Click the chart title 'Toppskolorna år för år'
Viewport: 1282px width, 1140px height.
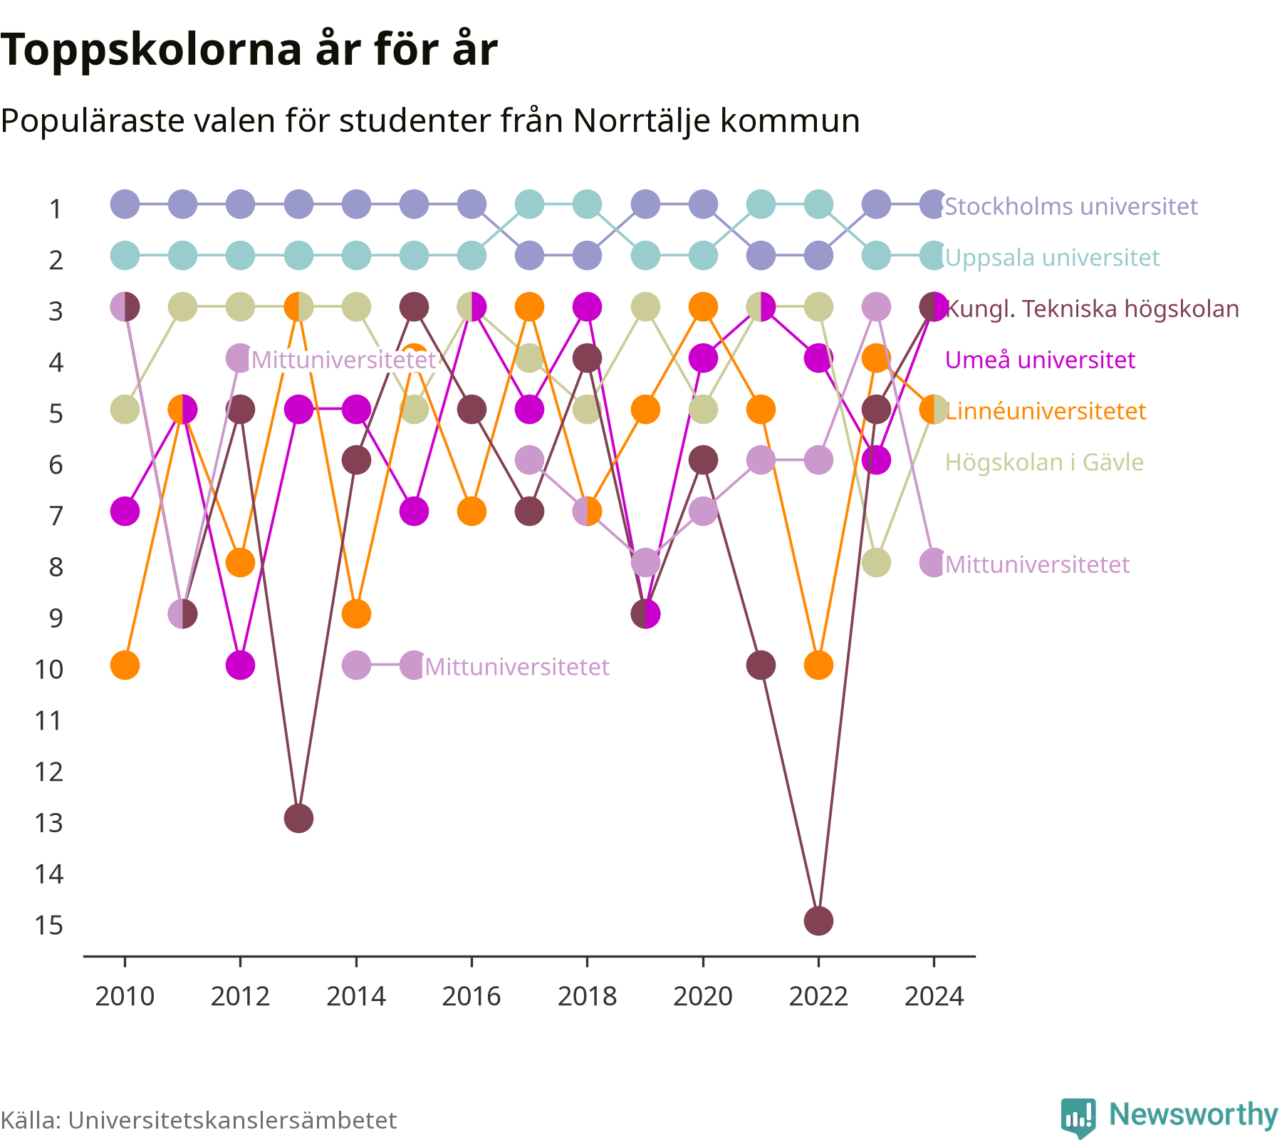coord(249,50)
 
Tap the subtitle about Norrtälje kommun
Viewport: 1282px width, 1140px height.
coord(430,120)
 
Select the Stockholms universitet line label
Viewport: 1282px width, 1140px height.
coord(1071,207)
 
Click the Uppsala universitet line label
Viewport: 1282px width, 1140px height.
coord(1052,258)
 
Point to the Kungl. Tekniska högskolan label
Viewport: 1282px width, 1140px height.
coord(1092,309)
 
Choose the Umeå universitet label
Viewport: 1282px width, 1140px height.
coord(1040,360)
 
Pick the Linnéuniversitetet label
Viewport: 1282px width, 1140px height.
coord(1046,411)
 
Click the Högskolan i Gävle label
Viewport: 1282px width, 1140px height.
coord(1044,462)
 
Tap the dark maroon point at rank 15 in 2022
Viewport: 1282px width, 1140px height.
coord(818,921)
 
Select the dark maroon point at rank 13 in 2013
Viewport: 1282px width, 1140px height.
coord(298,818)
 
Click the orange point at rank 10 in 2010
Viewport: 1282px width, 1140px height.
coord(125,665)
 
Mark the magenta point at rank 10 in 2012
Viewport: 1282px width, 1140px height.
coord(240,665)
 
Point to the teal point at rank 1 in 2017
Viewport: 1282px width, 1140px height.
coord(529,204)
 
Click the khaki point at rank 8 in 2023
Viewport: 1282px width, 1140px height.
coord(876,562)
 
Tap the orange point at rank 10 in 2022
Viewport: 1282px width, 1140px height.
coord(818,665)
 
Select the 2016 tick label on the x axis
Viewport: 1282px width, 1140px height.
coord(471,996)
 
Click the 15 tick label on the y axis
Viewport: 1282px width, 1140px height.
coord(49,925)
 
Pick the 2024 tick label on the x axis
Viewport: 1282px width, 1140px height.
coord(934,996)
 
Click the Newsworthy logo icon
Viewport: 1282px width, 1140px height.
coord(1078,1117)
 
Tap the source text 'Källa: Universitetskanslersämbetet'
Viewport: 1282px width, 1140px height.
coord(199,1120)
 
